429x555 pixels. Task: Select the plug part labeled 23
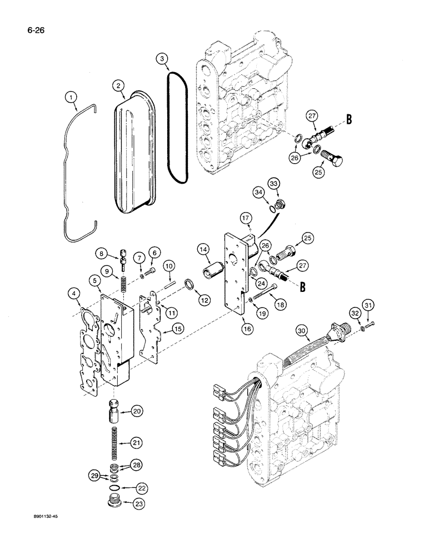pos(114,503)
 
